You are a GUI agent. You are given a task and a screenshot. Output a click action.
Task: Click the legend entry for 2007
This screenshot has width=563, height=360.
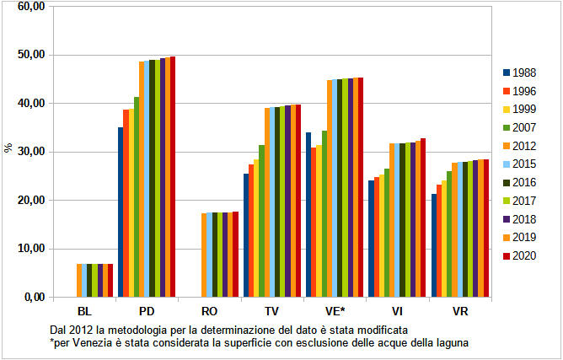click(524, 126)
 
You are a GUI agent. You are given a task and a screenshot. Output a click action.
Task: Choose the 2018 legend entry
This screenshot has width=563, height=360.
click(524, 218)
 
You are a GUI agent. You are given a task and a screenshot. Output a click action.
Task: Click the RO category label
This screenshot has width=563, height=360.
click(210, 311)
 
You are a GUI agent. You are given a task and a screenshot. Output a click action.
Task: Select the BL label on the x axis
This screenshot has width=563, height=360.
click(84, 311)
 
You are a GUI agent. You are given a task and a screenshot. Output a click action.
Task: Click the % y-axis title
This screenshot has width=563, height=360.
click(8, 148)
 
